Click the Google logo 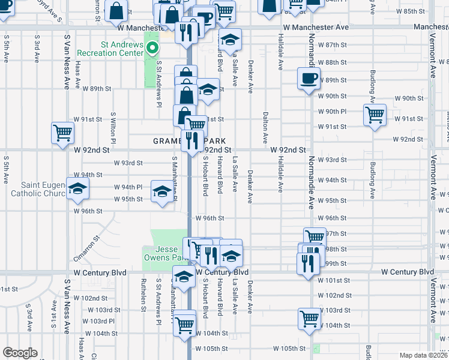click(x=20, y=353)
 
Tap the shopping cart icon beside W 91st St click(x=375, y=114)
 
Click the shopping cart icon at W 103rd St click(x=310, y=319)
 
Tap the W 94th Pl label click(x=128, y=187)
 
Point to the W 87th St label click(x=333, y=45)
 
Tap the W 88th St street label click(x=333, y=62)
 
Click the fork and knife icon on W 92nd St click(x=192, y=141)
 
